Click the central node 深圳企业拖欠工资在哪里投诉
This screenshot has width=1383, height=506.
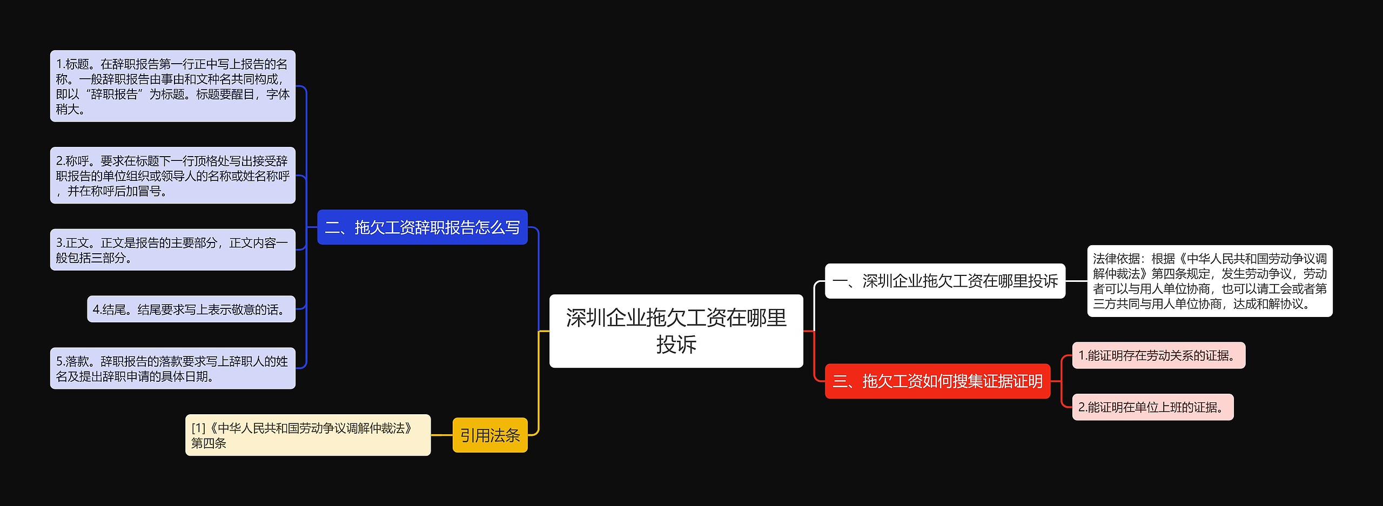[676, 330]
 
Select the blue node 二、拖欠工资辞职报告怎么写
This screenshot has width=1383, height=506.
[422, 227]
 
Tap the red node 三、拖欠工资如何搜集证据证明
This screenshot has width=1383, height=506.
[937, 381]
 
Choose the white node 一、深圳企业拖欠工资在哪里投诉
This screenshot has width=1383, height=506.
[944, 281]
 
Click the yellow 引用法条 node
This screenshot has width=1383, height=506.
[489, 435]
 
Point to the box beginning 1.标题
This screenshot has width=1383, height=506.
[172, 86]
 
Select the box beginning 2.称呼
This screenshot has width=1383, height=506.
[172, 176]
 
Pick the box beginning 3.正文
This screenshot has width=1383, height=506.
[172, 250]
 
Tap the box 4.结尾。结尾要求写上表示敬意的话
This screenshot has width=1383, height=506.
[191, 309]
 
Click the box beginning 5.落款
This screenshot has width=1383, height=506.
[172, 368]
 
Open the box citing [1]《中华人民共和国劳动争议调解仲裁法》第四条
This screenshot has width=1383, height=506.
[307, 435]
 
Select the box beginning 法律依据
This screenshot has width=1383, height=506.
[1209, 281]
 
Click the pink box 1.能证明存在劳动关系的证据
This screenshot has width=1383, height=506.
[1158, 355]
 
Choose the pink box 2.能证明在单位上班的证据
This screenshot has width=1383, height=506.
[1152, 407]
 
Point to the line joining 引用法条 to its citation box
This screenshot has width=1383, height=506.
[441, 435]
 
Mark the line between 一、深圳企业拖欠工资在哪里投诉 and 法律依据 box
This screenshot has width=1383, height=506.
[1076, 281]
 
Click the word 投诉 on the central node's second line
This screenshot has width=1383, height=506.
[676, 345]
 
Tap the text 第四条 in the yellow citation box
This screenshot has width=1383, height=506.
[209, 443]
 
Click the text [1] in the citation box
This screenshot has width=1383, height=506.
[198, 428]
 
